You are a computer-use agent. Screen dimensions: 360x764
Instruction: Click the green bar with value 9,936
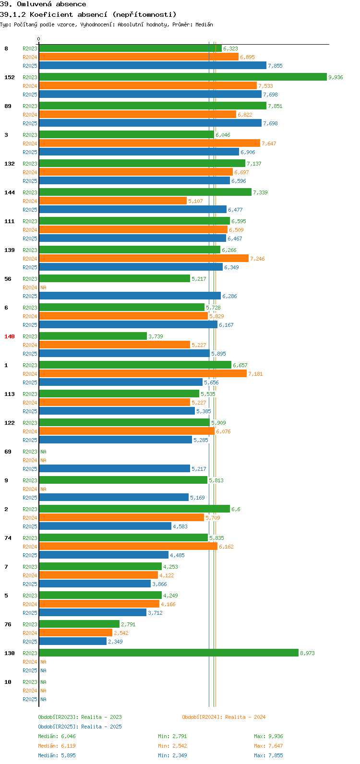pyautogui.click(x=183, y=77)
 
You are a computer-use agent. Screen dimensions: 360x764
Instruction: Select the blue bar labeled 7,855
pyautogui.click(x=153, y=65)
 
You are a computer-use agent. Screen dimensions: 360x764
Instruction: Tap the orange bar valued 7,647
pyautogui.click(x=149, y=143)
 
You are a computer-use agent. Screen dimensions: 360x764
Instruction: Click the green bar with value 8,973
pyautogui.click(x=169, y=653)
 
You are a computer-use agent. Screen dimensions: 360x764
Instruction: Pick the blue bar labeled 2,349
pyautogui.click(x=72, y=641)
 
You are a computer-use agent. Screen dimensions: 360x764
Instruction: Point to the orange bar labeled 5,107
pyautogui.click(x=113, y=201)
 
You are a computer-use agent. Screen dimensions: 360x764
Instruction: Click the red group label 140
pyautogui.click(x=10, y=336)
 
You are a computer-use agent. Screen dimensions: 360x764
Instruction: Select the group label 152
pyautogui.click(x=10, y=77)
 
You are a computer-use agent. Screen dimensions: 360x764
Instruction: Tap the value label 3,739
pyautogui.click(x=156, y=336)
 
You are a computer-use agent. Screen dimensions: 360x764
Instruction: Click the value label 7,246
pyautogui.click(x=257, y=259)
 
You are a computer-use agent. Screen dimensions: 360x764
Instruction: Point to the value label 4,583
pyautogui.click(x=180, y=526)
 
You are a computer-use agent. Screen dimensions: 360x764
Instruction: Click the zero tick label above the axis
pyautogui.click(x=38, y=39)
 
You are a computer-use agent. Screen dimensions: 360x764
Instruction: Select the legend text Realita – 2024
pyautogui.click(x=245, y=717)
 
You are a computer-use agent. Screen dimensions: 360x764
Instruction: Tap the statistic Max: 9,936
pyautogui.click(x=268, y=736)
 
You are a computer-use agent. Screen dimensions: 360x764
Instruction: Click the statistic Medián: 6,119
pyautogui.click(x=57, y=746)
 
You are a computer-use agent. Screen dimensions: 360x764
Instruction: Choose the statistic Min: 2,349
pyautogui.click(x=172, y=755)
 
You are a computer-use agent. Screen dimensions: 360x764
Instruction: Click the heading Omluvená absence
pyautogui.click(x=51, y=4)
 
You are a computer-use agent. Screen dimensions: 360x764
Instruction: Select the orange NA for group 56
pyautogui.click(x=43, y=287)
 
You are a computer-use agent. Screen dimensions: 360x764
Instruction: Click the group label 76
pyautogui.click(x=8, y=624)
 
